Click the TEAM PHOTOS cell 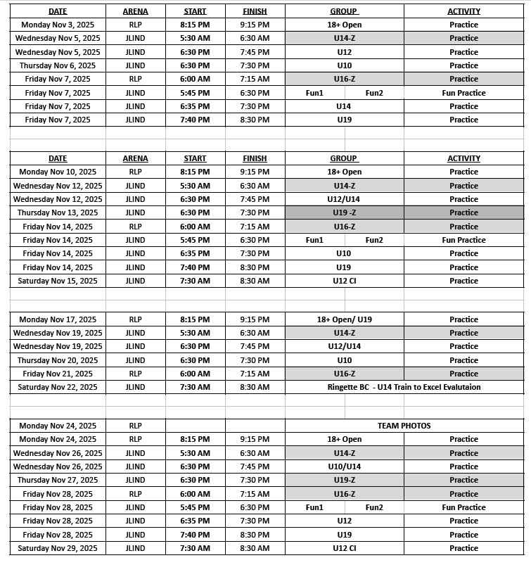(404, 426)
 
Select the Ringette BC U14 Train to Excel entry (404, 387)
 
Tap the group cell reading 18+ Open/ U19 (344, 319)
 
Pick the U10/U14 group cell (344, 466)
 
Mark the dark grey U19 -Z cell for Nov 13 (344, 212)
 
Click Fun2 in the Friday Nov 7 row (374, 93)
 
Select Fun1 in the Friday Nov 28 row (314, 507)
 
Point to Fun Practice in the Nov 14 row (463, 240)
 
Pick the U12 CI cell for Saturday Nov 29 (344, 548)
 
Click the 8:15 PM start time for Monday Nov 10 (196, 172)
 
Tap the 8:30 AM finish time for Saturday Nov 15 (255, 281)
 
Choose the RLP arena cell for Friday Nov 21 (135, 374)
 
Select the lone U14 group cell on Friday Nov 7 (344, 106)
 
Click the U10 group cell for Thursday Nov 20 (344, 360)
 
